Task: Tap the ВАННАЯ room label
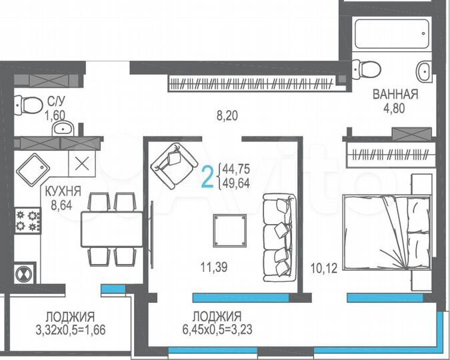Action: coord(395,95)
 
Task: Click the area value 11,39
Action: coord(213,268)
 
